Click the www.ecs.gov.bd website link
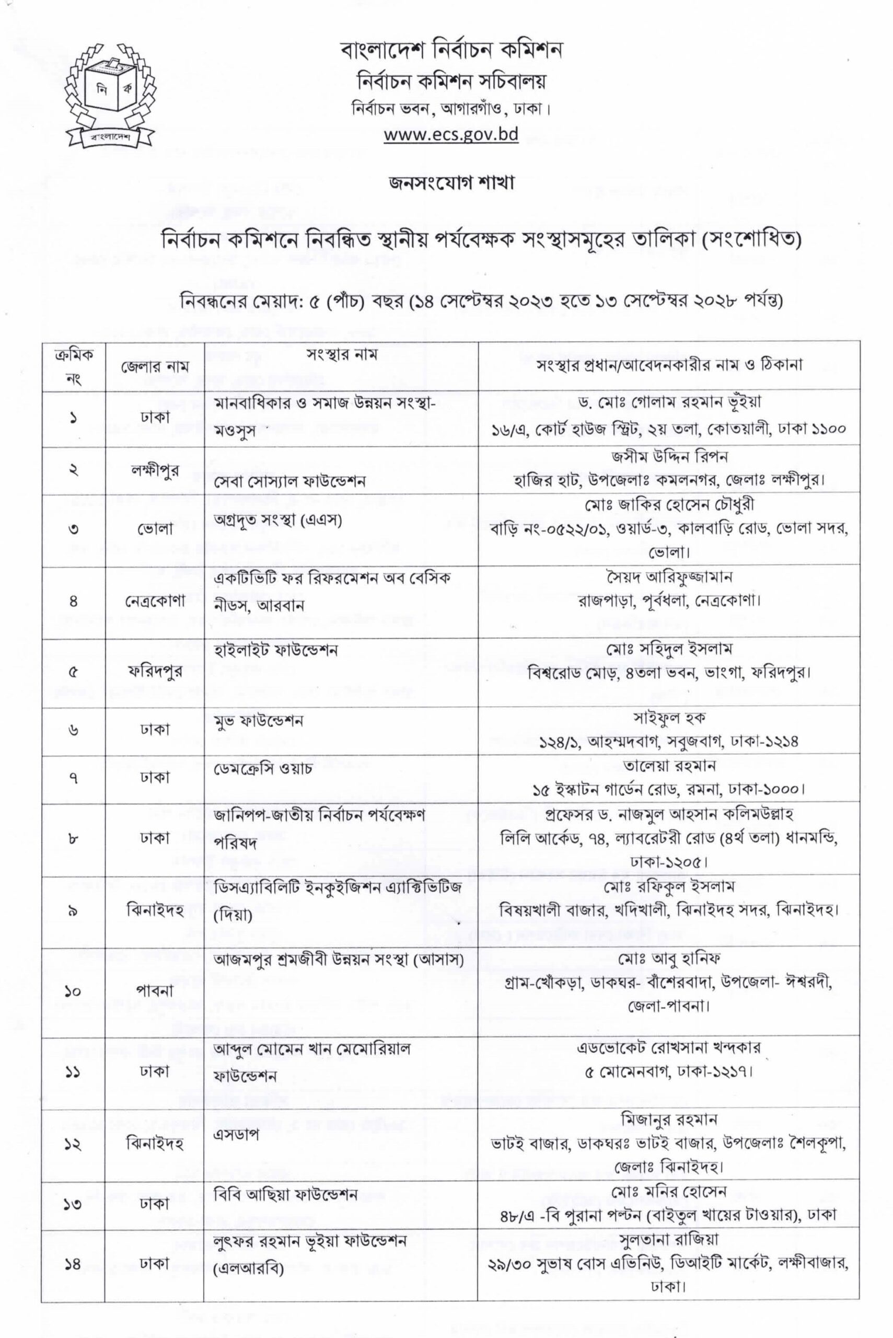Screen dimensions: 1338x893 click(x=450, y=134)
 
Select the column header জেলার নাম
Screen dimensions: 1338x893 click(x=154, y=366)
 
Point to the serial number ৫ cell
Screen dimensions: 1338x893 click(x=73, y=672)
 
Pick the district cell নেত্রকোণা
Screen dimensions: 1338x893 click(x=154, y=601)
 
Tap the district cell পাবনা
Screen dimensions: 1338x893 click(x=154, y=990)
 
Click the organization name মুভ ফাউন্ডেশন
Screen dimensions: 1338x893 click(x=259, y=721)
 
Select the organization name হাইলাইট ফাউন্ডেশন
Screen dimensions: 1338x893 click(x=276, y=649)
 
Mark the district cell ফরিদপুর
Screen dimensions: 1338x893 click(x=154, y=672)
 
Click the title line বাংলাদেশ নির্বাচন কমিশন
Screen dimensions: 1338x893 click(x=451, y=50)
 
